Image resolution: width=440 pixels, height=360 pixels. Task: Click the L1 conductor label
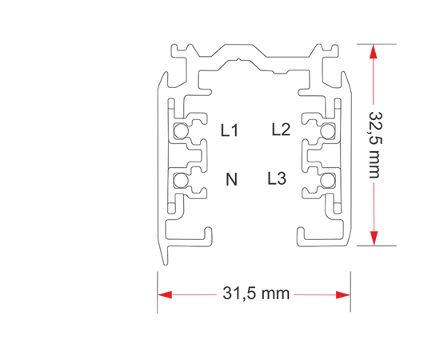(230, 130)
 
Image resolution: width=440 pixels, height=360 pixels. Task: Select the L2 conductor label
(281, 130)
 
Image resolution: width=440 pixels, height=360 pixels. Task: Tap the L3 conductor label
(277, 178)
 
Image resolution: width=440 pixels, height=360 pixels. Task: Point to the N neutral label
(231, 179)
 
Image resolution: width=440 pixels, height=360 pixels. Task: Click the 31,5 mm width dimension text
(256, 294)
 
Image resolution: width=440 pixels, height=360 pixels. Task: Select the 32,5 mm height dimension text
(375, 145)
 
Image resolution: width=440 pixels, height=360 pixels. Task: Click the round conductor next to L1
(181, 130)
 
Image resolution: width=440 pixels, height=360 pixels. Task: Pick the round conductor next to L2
(327, 130)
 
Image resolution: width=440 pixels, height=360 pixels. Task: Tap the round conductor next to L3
(327, 180)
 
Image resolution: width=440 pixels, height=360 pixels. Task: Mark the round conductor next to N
(180, 180)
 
